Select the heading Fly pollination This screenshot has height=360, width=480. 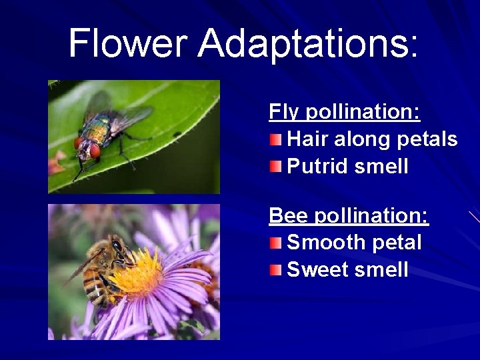[344, 111]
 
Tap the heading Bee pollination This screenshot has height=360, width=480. [349, 215]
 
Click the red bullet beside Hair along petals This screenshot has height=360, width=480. [275, 139]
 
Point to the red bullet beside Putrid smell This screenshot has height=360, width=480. [275, 166]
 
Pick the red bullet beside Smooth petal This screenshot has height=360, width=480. [275, 243]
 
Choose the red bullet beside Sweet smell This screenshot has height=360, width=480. [275, 269]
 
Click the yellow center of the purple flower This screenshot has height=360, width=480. [141, 273]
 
